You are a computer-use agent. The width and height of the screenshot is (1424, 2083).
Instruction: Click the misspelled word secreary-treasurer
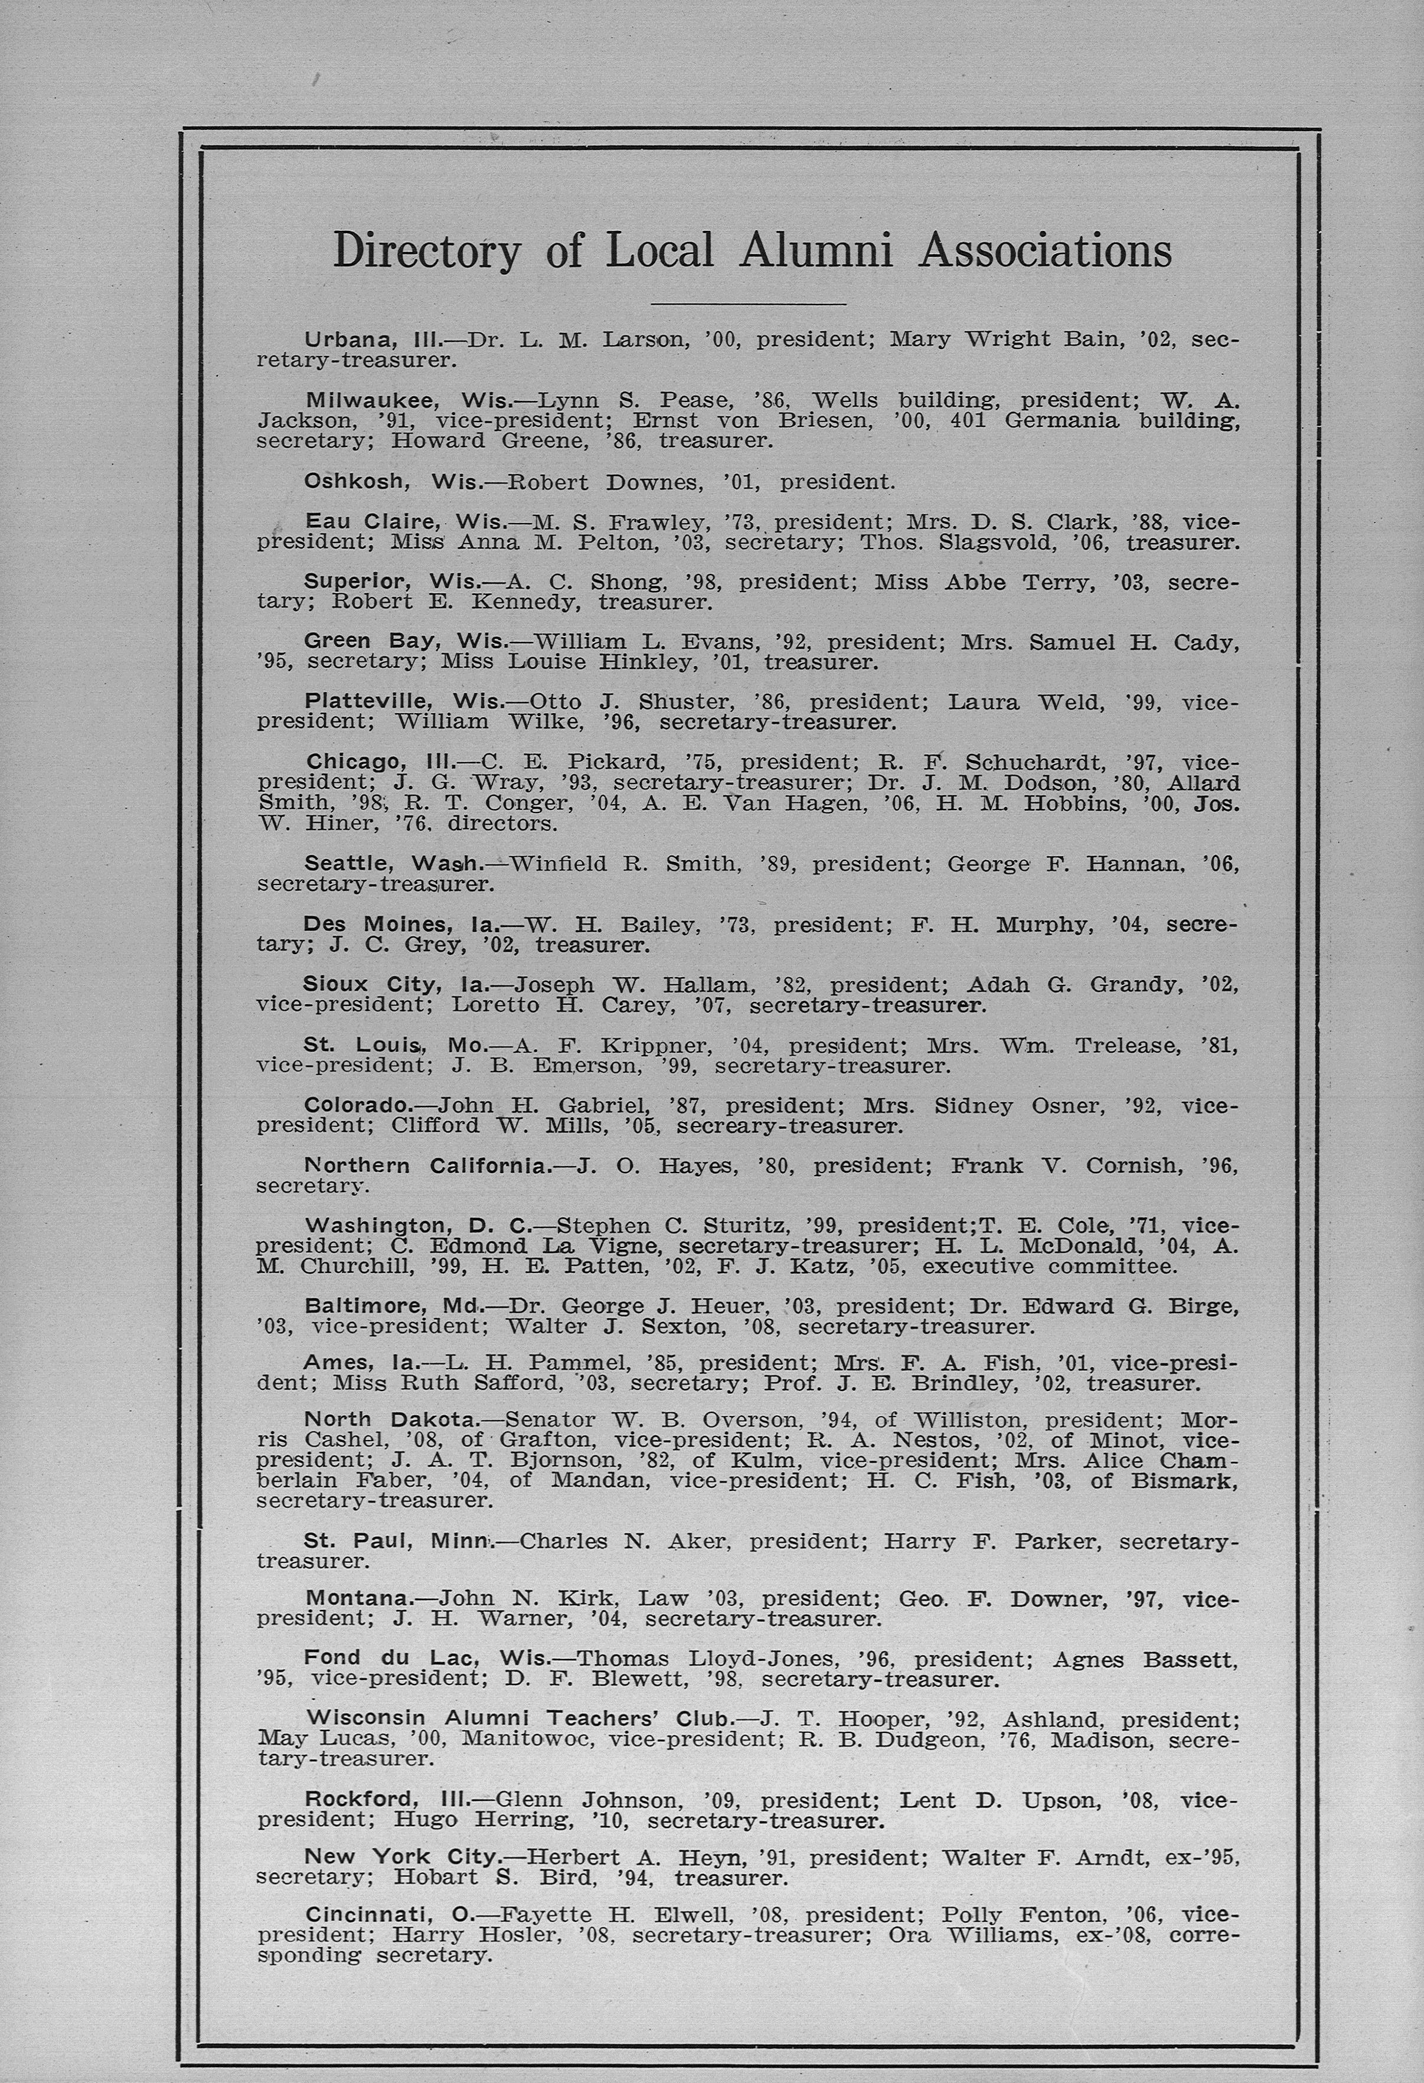[x=789, y=1126]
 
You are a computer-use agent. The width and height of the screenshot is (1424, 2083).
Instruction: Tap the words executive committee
[x=1049, y=1266]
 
